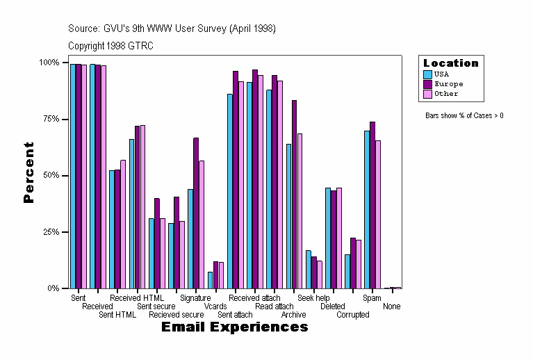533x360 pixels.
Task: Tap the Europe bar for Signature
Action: [196, 213]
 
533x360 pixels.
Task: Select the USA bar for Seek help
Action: [309, 269]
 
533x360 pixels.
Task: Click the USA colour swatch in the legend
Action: [428, 74]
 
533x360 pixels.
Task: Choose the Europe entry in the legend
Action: [448, 83]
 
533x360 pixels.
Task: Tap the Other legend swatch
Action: [428, 93]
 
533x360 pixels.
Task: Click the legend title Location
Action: [450, 63]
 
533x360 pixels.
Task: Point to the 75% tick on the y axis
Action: [49, 119]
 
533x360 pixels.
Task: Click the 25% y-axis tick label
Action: [49, 231]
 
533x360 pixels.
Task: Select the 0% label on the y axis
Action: [52, 288]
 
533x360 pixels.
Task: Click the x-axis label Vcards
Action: [215, 306]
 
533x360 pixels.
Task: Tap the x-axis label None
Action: [391, 306]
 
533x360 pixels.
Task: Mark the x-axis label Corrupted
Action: [353, 314]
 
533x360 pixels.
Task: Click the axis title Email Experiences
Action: [234, 327]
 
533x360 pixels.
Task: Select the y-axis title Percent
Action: [28, 172]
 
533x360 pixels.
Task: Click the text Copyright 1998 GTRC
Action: [110, 46]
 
